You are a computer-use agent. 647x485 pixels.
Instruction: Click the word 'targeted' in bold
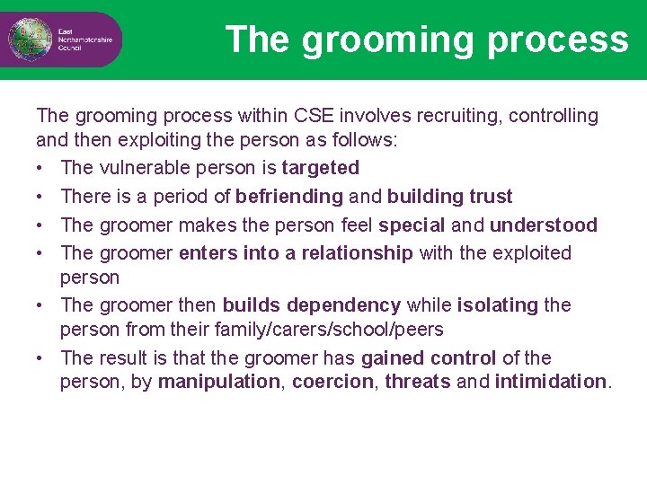[x=320, y=168]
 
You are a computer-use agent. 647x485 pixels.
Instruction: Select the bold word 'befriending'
[x=289, y=197]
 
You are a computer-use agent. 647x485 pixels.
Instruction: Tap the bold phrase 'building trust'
[x=449, y=197]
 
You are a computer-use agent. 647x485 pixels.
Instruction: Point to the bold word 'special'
[x=412, y=225]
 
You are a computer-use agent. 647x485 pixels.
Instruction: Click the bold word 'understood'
[x=543, y=225]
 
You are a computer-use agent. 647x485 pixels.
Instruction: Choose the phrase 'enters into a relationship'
[x=296, y=253]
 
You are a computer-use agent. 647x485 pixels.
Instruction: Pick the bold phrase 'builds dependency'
[x=311, y=305]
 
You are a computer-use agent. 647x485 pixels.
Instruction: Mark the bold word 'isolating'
[x=498, y=305]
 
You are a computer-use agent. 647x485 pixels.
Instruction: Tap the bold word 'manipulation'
[x=218, y=382]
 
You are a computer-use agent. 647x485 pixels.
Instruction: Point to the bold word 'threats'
[x=418, y=382]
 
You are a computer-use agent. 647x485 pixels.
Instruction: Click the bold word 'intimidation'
[x=550, y=382]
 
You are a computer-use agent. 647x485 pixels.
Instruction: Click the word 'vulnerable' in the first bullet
[x=139, y=168]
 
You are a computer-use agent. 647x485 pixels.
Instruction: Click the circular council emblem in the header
[x=26, y=39]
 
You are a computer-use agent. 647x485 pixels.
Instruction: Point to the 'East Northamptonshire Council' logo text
[x=84, y=40]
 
